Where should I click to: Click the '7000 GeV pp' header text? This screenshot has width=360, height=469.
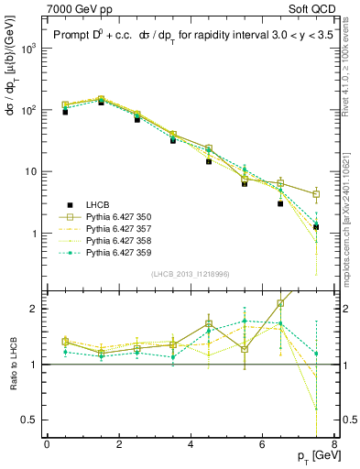coord(77,8)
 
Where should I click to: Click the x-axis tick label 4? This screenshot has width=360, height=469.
coord(191,443)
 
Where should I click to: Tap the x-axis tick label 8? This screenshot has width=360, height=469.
coord(334,443)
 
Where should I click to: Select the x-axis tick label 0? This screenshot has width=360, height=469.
coord(47,443)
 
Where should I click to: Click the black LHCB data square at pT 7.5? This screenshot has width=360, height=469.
coord(316,227)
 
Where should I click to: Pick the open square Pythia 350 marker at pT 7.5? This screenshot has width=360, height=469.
coord(316,194)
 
